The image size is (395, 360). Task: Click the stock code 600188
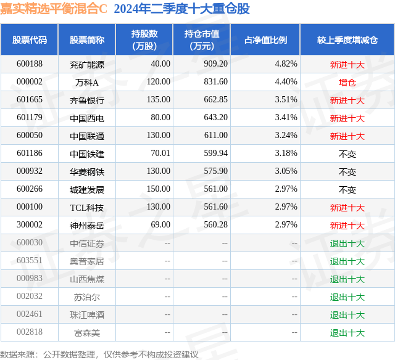click(x=30, y=63)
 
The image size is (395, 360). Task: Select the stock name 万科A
click(x=87, y=81)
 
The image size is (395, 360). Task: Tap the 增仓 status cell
click(x=347, y=82)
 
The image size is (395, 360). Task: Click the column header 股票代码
click(x=30, y=39)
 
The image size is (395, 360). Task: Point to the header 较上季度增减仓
click(x=347, y=39)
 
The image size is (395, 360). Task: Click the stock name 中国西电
click(x=87, y=118)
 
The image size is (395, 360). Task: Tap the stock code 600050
click(x=30, y=136)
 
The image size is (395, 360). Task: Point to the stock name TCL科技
click(x=87, y=208)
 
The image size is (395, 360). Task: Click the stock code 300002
click(x=30, y=226)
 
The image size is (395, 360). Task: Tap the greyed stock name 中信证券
click(x=87, y=243)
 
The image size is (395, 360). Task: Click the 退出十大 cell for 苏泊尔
click(x=347, y=297)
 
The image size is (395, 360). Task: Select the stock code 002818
click(x=30, y=333)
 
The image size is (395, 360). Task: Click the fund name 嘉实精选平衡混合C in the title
click(x=54, y=9)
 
